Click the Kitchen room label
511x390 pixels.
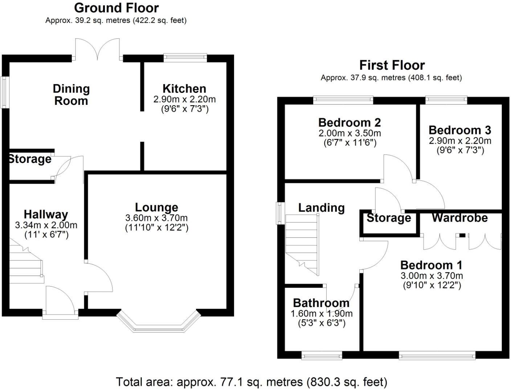(184, 89)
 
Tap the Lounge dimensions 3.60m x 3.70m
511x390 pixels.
(156, 218)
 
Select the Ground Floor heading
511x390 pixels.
(116, 8)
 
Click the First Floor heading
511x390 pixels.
(392, 65)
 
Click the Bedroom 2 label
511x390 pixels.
(349, 122)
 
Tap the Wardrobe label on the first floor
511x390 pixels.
(459, 218)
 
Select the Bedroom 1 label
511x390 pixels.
(431, 265)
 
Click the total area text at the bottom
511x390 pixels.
(252, 382)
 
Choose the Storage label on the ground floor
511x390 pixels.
(30, 159)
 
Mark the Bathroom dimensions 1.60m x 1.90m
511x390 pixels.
(322, 313)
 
